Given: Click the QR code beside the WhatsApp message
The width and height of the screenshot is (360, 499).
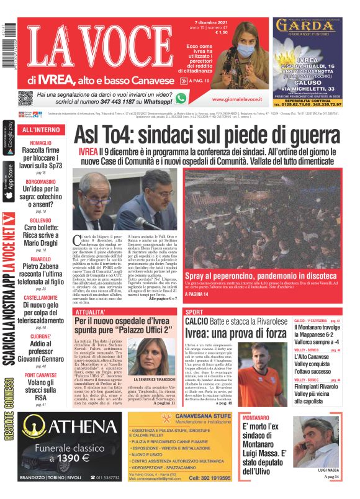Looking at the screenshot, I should coord(25,98).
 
